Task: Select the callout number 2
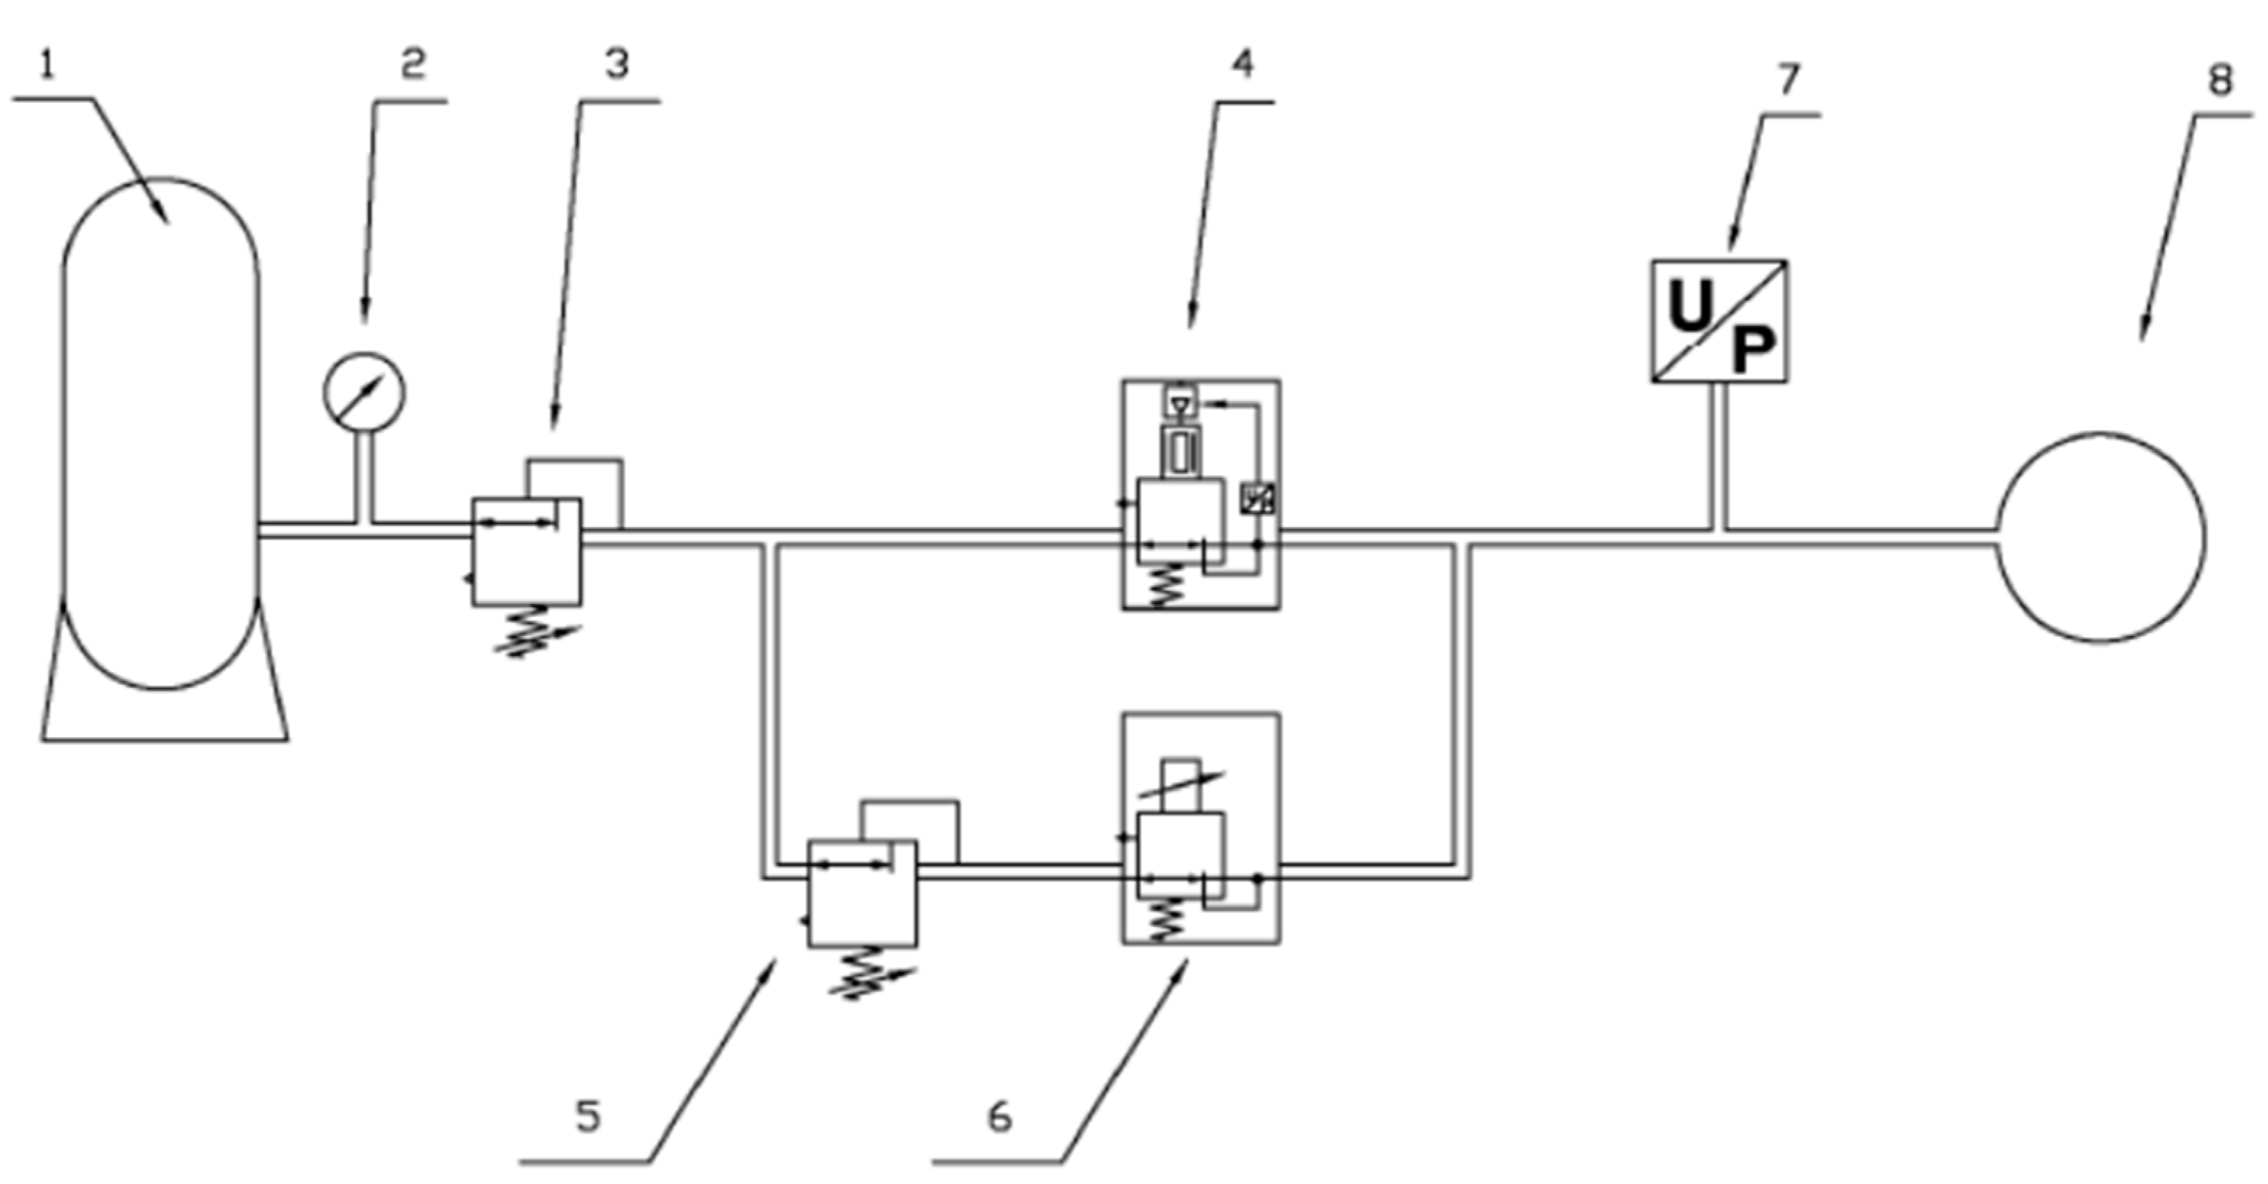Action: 412,64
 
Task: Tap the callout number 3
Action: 616,64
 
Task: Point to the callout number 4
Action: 1243,64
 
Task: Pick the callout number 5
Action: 588,1116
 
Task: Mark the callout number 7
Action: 1788,80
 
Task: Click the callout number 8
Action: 2219,80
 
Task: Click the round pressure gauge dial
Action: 364,392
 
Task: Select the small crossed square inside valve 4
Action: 1256,499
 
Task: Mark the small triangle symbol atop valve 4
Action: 1180,404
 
